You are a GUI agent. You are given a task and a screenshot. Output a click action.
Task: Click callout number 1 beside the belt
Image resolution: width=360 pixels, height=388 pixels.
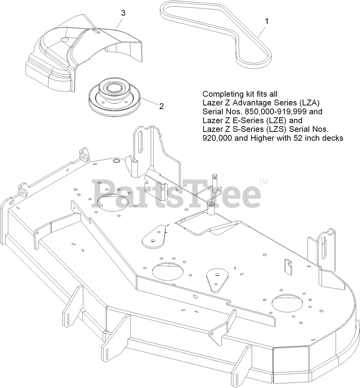pos(267,21)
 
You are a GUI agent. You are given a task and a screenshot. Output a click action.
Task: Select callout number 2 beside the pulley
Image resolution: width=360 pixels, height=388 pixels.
pos(161,106)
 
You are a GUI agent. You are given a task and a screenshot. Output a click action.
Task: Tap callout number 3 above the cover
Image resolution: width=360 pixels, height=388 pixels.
pos(123,13)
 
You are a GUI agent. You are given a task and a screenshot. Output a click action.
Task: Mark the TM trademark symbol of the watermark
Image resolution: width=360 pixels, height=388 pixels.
pos(264,182)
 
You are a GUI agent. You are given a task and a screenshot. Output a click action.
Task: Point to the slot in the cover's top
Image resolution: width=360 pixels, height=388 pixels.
pos(96,32)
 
